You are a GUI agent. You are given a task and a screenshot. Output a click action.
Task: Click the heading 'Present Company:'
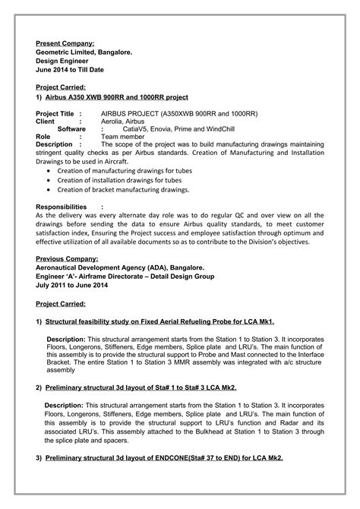pos(66,43)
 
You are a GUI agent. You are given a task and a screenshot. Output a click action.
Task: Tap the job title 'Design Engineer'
pos(63,61)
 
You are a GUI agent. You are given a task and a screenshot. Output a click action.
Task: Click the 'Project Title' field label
pos(55,112)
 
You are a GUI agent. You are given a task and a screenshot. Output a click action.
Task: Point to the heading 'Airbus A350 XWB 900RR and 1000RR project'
pos(122,98)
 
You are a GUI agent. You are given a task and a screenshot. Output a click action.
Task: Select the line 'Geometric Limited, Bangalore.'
pos(84,52)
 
